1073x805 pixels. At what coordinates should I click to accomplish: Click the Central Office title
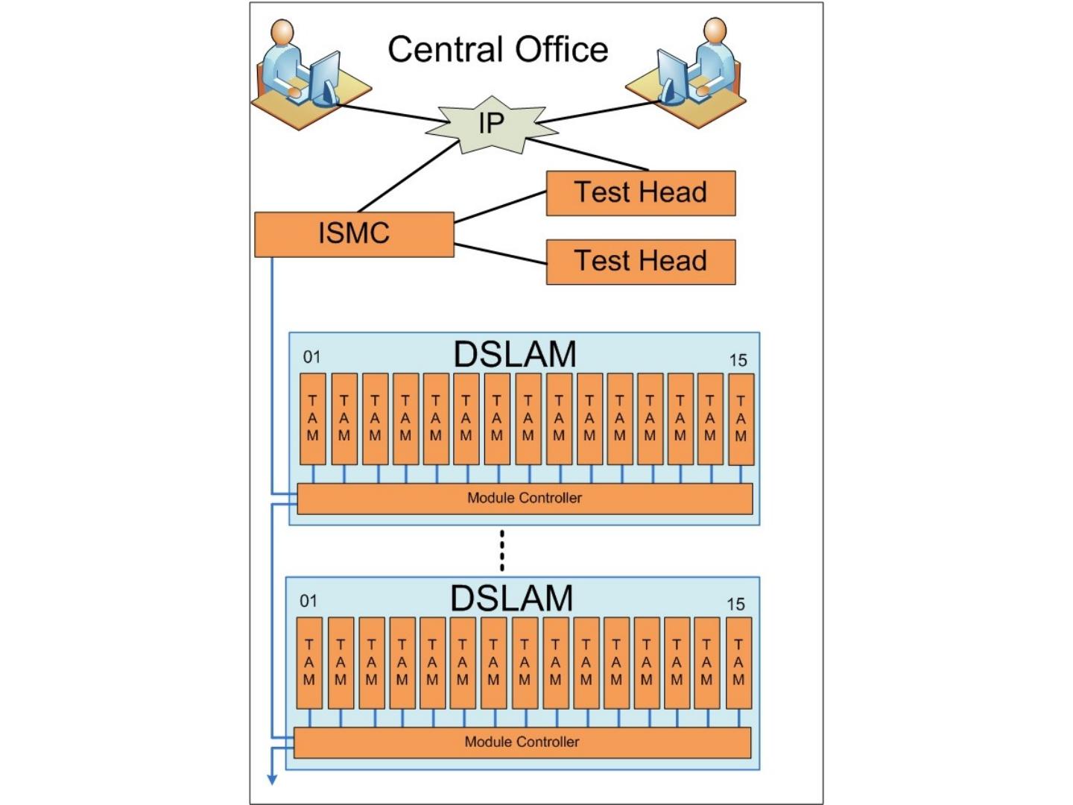click(498, 50)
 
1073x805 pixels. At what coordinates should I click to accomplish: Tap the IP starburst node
click(491, 124)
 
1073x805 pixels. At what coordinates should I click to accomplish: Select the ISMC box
click(354, 234)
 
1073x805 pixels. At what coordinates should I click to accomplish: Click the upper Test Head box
click(640, 193)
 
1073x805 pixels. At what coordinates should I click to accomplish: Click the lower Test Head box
click(640, 262)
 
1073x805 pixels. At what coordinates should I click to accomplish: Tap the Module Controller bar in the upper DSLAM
click(525, 498)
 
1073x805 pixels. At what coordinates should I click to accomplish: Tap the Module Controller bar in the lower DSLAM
click(522, 742)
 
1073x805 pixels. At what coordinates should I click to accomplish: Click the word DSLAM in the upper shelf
click(515, 354)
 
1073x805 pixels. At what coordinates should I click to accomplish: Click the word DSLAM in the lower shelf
click(512, 598)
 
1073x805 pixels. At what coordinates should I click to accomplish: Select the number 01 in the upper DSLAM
click(311, 357)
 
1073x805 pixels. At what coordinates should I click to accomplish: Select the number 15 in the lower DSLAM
click(735, 604)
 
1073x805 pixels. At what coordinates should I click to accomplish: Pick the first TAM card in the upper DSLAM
click(312, 419)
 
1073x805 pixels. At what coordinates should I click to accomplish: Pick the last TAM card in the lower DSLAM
click(738, 663)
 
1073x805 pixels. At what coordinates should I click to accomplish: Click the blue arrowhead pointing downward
click(272, 779)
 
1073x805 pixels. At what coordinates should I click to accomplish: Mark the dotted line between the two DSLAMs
click(502, 550)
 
